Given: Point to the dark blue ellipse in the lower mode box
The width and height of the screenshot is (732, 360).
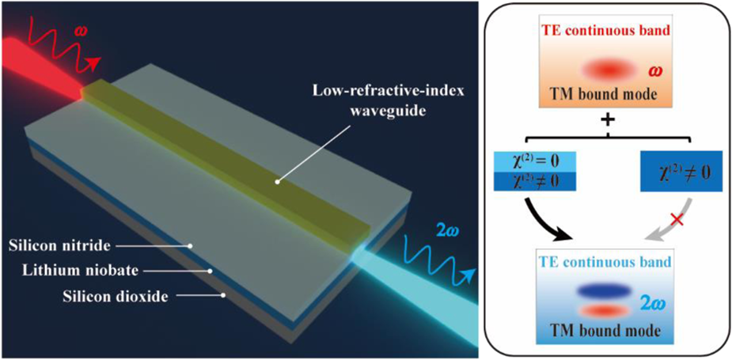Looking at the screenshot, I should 609,290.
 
